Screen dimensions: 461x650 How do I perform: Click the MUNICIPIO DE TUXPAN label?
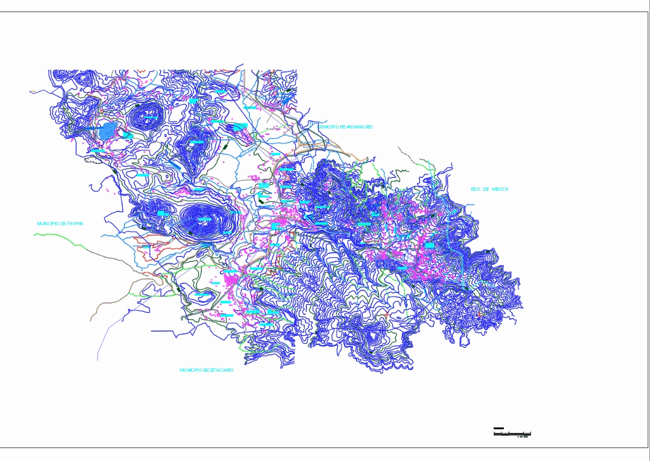tap(60, 223)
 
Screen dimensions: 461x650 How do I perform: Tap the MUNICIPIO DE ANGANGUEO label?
tap(346, 127)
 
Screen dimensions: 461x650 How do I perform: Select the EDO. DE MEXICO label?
tap(489, 189)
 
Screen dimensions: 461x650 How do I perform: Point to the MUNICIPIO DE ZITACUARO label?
tap(207, 370)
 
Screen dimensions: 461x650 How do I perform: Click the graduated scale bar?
tap(512, 433)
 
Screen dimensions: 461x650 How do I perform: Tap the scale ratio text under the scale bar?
tap(522, 436)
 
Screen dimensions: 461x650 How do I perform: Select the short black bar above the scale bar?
tap(498, 429)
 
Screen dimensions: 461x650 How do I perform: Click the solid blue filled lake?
tap(108, 131)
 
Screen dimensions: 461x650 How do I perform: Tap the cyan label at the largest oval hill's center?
tap(205, 219)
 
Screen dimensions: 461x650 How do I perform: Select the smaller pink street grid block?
tap(278, 226)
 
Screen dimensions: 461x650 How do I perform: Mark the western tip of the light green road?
tap(35, 234)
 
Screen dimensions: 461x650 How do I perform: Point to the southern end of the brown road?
tap(92, 320)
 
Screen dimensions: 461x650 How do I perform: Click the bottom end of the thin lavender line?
tap(98, 360)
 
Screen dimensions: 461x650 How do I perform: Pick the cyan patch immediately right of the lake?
tap(128, 135)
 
